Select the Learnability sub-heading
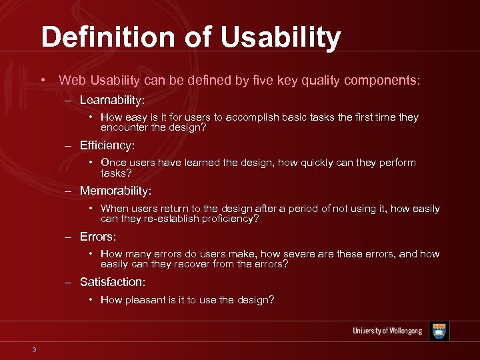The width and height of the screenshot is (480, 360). tap(112, 100)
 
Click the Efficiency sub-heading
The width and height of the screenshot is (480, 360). tap(107, 145)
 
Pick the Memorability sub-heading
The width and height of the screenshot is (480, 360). tap(115, 191)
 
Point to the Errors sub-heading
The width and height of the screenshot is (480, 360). tap(98, 237)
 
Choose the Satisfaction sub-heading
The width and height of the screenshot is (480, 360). tap(112, 282)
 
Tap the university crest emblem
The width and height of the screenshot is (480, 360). tap(439, 331)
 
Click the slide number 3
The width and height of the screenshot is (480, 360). tap(33, 351)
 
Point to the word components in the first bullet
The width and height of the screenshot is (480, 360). tap(382, 81)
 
